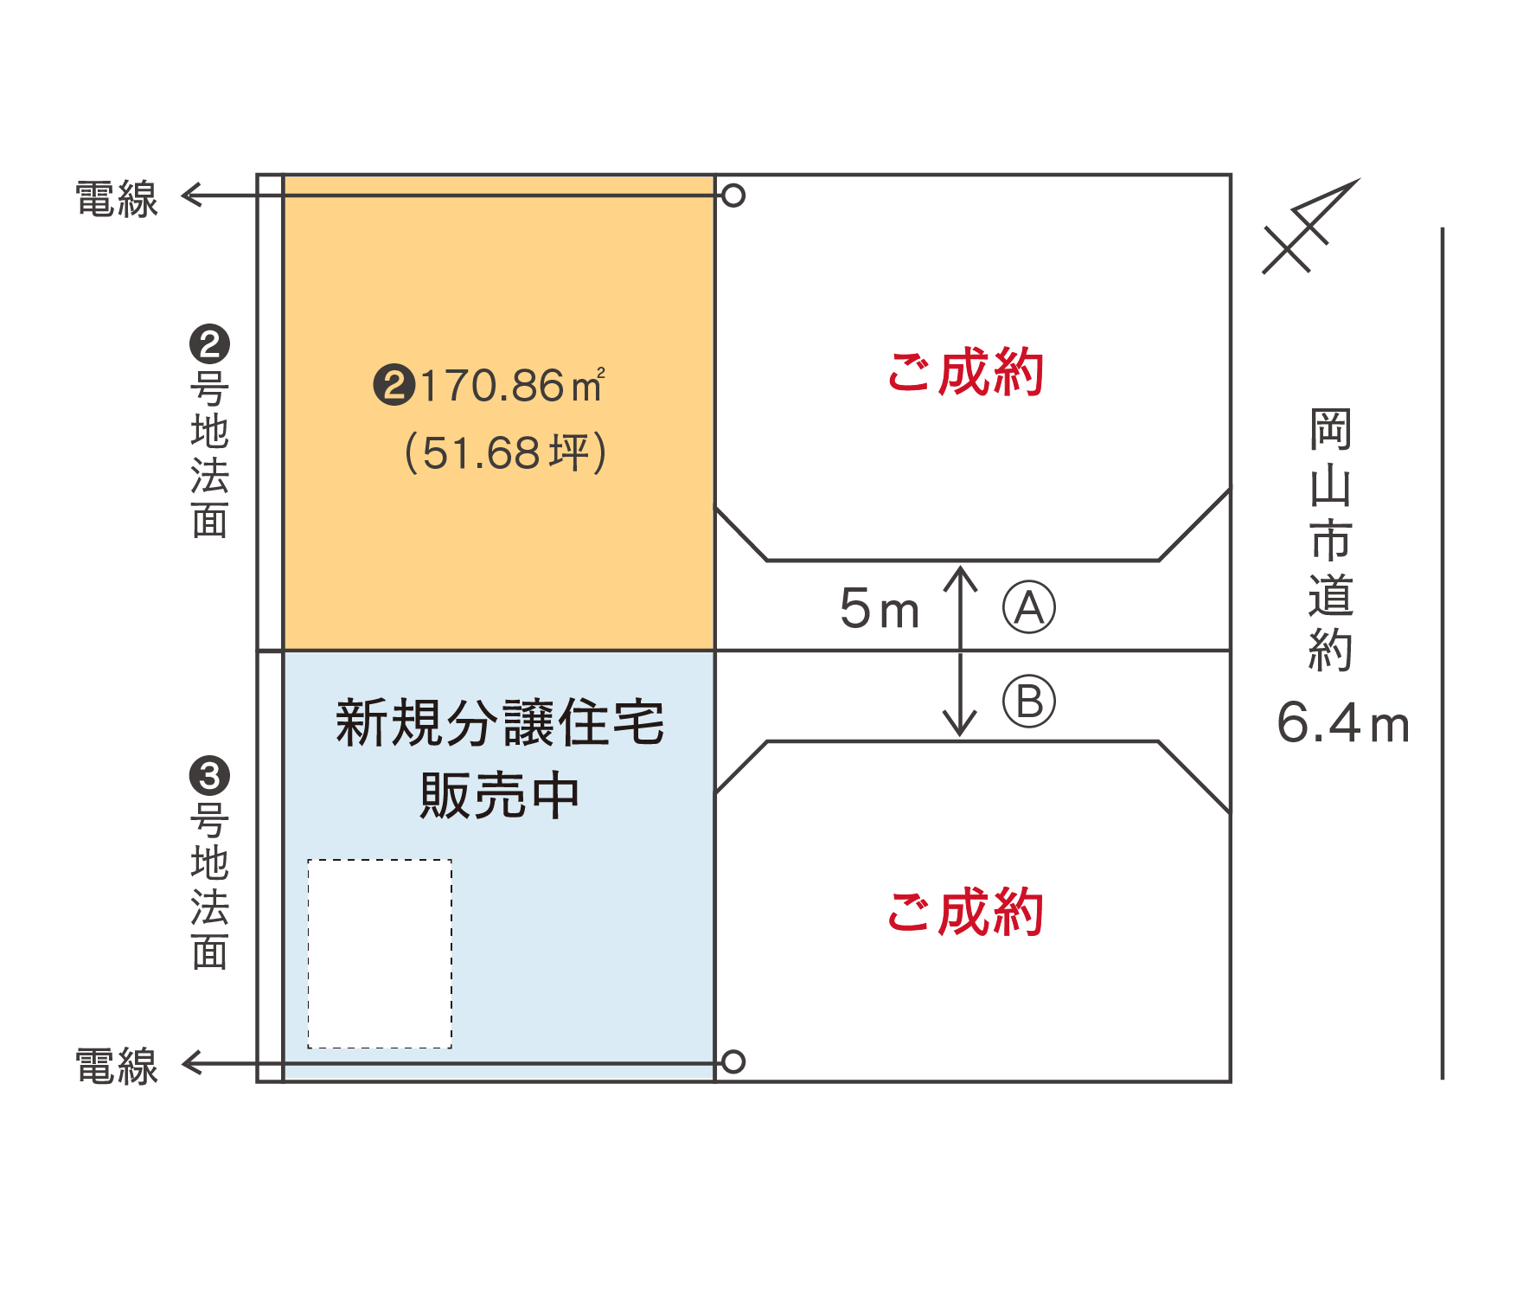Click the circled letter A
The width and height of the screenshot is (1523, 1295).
pos(1029,607)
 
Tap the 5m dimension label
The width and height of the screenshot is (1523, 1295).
pos(880,608)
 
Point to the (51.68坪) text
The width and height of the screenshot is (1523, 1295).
pos(506,452)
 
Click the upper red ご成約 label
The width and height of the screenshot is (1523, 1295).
pos(966,372)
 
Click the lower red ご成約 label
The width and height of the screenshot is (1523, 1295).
pos(966,912)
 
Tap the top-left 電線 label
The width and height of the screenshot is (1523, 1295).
pos(117,199)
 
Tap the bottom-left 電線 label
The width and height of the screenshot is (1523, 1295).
pos(117,1066)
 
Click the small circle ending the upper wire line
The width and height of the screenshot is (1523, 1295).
pos(733,196)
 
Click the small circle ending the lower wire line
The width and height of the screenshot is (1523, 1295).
pos(733,1061)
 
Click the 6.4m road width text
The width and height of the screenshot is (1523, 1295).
pos(1343,723)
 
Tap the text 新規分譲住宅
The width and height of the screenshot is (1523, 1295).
pos(500,722)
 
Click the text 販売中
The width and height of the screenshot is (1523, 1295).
pos(500,795)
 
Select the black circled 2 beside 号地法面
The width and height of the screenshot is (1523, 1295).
pos(209,344)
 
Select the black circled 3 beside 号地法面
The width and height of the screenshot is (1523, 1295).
pos(209,775)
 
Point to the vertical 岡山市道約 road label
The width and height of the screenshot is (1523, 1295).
pos(1330,540)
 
